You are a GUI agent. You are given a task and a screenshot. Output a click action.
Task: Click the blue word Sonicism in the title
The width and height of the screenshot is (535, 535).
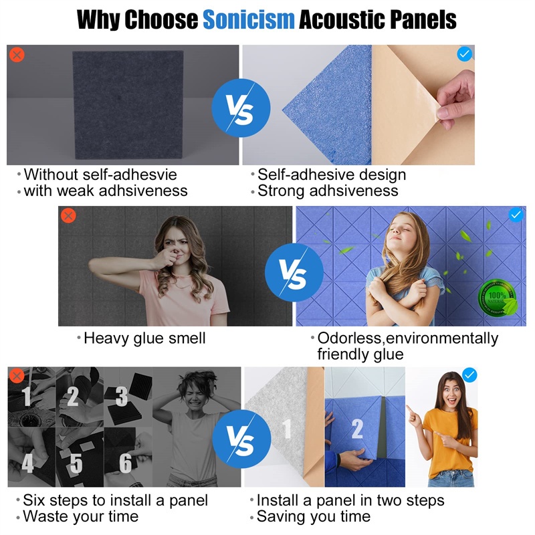point(248,19)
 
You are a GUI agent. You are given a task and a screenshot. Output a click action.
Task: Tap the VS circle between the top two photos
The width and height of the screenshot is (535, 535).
point(241,108)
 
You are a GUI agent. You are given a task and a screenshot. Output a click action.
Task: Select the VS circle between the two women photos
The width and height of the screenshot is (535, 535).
point(294,272)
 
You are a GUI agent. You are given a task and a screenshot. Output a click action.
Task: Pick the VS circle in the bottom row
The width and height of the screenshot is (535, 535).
point(241,439)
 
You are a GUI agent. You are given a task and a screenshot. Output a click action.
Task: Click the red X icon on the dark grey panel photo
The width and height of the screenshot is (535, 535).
point(17,55)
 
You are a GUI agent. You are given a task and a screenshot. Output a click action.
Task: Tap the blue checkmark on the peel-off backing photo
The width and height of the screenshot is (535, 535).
point(464,54)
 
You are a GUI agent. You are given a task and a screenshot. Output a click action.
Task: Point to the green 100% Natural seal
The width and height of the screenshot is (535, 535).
point(498,298)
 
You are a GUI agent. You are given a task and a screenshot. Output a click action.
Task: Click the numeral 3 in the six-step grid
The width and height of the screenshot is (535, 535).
point(121,396)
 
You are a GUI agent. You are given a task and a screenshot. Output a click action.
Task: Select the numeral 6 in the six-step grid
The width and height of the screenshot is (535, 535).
point(125,463)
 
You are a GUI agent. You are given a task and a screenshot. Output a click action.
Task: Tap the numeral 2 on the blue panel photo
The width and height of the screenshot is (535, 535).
point(357,429)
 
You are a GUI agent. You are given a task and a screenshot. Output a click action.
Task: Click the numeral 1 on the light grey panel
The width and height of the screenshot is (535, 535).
point(287,429)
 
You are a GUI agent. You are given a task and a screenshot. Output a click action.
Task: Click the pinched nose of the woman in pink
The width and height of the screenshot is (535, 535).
point(175,253)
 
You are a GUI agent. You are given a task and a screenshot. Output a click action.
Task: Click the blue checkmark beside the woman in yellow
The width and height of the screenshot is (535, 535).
point(469,375)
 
